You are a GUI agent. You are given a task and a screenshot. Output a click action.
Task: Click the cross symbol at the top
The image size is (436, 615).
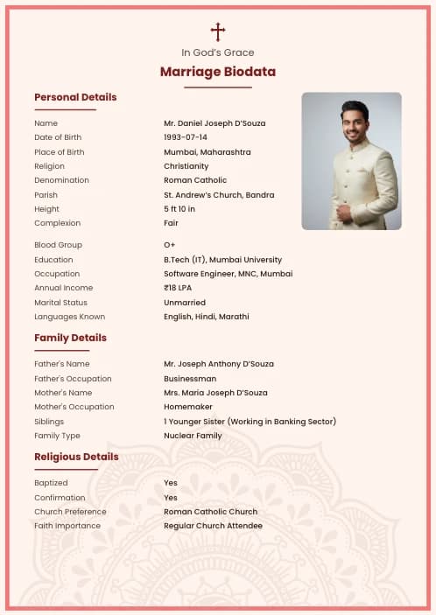pos(218,32)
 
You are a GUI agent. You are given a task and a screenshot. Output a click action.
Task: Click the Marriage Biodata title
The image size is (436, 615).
pos(218,72)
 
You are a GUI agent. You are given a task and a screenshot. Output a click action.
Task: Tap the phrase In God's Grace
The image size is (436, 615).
pos(218,52)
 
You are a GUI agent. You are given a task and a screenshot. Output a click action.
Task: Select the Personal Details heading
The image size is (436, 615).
pos(75,97)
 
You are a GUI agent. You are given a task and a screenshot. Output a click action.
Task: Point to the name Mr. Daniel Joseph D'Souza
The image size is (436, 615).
pos(214,123)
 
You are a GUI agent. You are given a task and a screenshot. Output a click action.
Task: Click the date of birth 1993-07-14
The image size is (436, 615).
pos(186,137)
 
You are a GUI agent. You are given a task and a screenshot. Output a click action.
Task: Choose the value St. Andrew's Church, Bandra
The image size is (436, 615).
pos(219,195)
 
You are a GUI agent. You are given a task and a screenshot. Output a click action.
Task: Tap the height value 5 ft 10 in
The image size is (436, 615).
pos(179,209)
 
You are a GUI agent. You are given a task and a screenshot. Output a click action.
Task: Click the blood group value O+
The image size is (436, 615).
pos(169,245)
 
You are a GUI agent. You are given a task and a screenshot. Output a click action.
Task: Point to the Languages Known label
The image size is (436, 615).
pos(69,317)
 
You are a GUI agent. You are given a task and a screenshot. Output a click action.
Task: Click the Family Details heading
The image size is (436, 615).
pos(70,338)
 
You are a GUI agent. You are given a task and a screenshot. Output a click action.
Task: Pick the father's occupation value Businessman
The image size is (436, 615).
pos(190,379)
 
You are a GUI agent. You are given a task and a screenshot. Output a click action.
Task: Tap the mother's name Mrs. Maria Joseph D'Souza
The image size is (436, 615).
pos(215,393)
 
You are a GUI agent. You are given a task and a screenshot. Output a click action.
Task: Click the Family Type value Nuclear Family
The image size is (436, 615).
pos(193,436)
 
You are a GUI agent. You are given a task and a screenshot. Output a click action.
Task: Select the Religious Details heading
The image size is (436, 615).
pos(76,457)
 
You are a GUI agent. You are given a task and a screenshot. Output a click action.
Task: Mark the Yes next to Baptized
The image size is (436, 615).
pos(171,483)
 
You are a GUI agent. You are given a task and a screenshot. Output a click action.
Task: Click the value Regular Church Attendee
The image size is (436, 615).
pos(213,526)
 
